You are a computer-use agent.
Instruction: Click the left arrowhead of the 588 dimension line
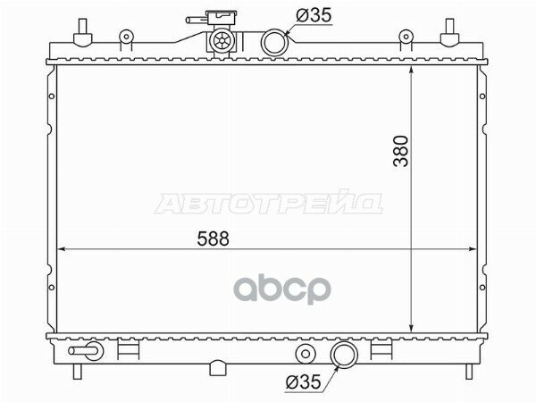[x=62, y=249]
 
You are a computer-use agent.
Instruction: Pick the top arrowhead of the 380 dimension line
[x=409, y=69]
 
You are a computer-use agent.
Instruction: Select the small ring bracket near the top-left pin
[x=127, y=38]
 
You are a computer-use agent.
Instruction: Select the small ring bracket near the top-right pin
[x=406, y=38]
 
